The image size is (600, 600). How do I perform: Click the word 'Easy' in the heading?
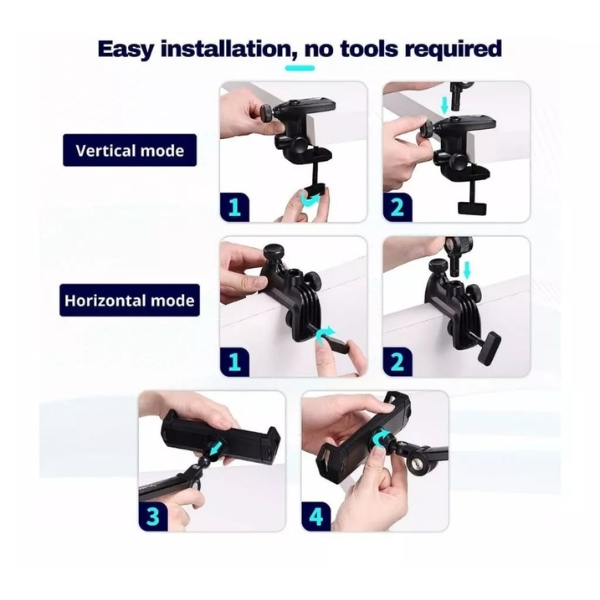pyautogui.click(x=126, y=49)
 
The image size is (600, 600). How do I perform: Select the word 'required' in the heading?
pyautogui.click(x=453, y=49)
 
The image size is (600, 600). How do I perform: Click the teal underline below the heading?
pyautogui.click(x=300, y=68)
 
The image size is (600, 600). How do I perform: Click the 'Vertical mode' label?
pyautogui.click(x=130, y=150)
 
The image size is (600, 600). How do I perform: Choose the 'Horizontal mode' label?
pyautogui.click(x=130, y=300)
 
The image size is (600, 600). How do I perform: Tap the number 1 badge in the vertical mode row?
pyautogui.click(x=235, y=207)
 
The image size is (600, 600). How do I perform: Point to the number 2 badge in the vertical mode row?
pyautogui.click(x=398, y=207)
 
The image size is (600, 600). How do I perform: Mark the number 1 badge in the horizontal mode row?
pyautogui.click(x=235, y=362)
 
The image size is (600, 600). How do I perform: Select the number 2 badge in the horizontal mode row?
pyautogui.click(x=398, y=362)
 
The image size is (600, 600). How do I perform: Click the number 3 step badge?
pyautogui.click(x=153, y=516)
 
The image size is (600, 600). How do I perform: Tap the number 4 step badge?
pyautogui.click(x=316, y=516)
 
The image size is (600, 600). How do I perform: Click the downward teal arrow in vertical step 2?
pyautogui.click(x=444, y=105)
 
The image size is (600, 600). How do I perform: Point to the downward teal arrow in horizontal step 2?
pyautogui.click(x=466, y=271)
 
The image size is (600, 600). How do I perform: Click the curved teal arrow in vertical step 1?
pyautogui.click(x=312, y=200)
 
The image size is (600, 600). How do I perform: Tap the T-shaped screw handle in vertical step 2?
pyautogui.click(x=472, y=207)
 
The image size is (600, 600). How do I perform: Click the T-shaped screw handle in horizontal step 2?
pyautogui.click(x=489, y=349)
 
